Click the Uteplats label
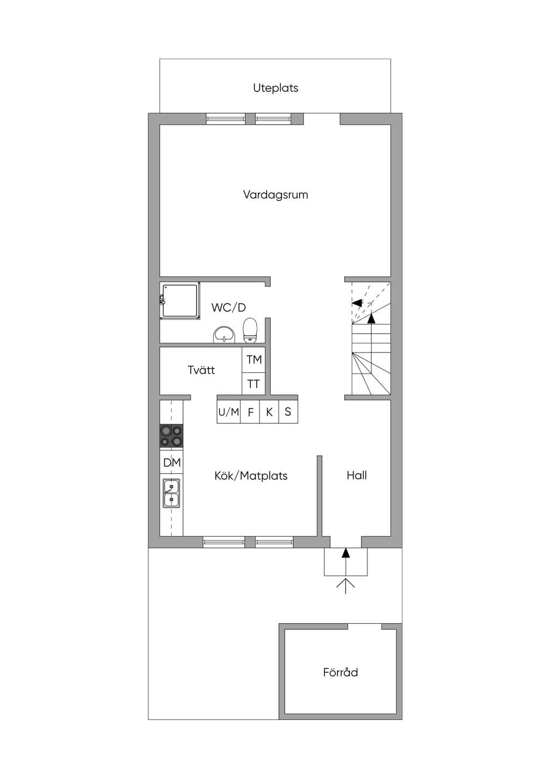coord(276,88)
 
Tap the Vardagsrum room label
coord(276,195)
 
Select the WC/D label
coord(228,307)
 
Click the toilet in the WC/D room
coord(250,330)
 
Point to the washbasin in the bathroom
coord(224,335)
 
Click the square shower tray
coord(180,301)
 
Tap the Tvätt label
coord(201,370)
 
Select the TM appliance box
coord(254,360)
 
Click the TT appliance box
coord(254,384)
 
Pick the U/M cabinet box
coord(228,412)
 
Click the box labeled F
coord(250,412)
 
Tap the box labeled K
coord(269,412)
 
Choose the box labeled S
coord(288,412)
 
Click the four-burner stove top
coord(171,436)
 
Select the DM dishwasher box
coord(171,462)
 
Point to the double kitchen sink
coord(171,493)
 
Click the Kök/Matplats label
coord(251,476)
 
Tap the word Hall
coord(357,475)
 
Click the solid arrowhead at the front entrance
coord(345,553)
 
